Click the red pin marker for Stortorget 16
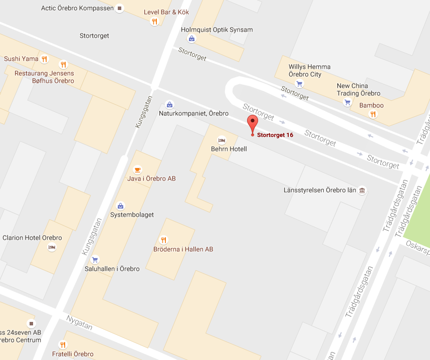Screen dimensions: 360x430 click(252, 122)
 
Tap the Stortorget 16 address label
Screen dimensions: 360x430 click(275, 135)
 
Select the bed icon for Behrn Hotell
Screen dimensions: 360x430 click(221, 140)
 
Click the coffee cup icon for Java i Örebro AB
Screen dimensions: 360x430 click(137, 169)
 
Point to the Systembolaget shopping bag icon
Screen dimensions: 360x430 click(120, 206)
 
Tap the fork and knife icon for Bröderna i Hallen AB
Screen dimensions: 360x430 click(163, 240)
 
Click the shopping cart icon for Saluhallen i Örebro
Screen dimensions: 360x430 click(95, 260)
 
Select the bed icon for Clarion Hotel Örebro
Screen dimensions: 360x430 click(51, 247)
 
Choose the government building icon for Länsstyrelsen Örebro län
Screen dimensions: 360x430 click(362, 191)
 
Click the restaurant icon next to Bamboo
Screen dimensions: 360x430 click(372, 114)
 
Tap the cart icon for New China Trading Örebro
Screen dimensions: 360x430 click(347, 103)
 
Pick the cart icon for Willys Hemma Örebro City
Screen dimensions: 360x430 click(299, 84)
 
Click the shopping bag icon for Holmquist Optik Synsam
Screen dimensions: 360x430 click(191, 39)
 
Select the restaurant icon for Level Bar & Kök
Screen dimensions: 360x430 click(154, 21)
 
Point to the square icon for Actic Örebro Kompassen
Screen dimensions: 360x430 click(119, 9)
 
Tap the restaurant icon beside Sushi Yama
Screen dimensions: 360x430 click(45, 59)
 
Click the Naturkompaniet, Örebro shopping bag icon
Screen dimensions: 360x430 click(169, 105)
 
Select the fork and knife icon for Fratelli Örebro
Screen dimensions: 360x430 click(63, 344)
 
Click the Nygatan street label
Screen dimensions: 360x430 click(79, 322)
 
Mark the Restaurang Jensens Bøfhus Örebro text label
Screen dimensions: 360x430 click(44, 77)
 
